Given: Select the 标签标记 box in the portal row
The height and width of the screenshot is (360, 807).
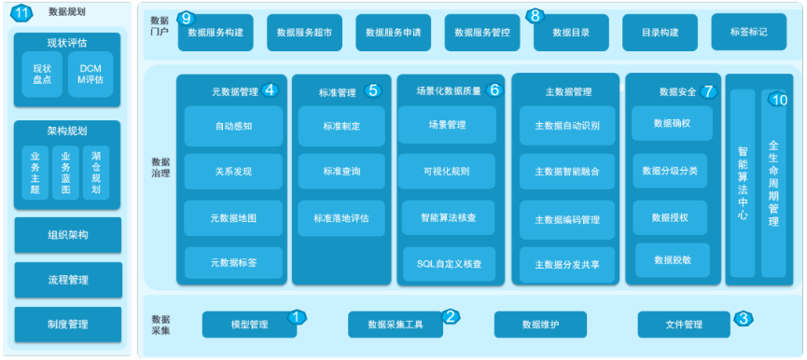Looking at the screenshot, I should (748, 32).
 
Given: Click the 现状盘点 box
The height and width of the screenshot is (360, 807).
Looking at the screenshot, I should (41, 75).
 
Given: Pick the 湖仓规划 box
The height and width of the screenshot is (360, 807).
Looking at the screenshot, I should (96, 172).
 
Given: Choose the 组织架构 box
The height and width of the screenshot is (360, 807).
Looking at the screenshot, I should (67, 235).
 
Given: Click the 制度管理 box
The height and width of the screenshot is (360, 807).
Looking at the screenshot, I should (67, 324).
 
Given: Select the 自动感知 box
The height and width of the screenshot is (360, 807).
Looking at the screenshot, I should (233, 125).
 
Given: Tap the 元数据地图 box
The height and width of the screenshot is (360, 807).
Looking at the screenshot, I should (233, 217).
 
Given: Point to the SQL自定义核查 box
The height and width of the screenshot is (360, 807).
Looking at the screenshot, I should (449, 264).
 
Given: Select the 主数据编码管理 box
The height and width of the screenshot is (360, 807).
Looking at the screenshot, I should (567, 219).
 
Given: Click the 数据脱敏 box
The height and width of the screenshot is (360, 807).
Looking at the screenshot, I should (671, 259).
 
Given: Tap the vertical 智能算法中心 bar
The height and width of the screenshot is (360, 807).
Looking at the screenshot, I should (743, 183).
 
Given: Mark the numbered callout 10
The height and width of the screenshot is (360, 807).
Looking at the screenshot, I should (781, 100).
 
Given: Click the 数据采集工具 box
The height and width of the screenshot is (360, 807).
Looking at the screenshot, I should (396, 325).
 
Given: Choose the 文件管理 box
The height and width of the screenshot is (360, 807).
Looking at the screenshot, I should (684, 325).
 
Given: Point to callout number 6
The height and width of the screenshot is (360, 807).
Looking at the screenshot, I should (494, 90).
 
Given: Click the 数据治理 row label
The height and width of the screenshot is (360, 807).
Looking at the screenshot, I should (160, 166).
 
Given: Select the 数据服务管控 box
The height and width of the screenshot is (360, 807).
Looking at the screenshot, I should (482, 33).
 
